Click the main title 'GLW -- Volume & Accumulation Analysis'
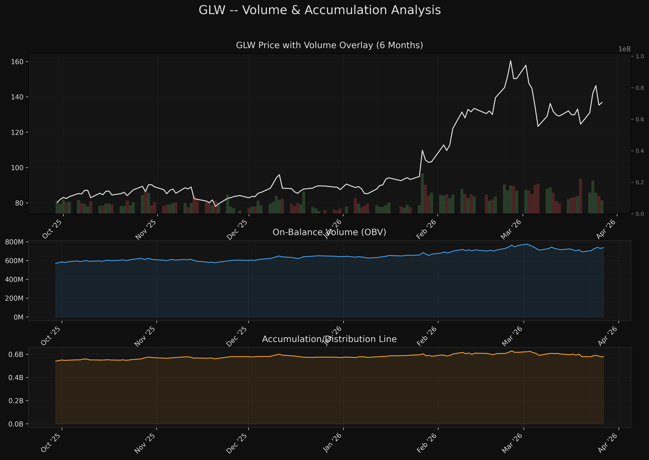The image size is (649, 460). [x=320, y=10]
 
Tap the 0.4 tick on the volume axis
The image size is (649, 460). [x=640, y=151]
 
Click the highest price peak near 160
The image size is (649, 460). [x=511, y=61]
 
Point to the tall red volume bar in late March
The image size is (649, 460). [x=580, y=196]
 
